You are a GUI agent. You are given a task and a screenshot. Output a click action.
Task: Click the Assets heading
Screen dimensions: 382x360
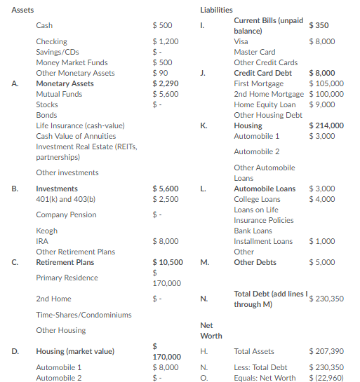23,10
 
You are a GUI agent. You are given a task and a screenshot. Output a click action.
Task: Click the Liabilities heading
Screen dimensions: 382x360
216,10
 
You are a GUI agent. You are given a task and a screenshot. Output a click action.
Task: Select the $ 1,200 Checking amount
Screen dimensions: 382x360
166,41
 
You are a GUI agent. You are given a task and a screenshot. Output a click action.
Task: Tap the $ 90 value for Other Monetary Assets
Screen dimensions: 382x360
161,73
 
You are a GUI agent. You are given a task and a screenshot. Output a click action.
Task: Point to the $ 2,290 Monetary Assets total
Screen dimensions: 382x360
166,83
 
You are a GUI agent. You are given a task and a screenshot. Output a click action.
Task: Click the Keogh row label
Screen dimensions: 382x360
47,231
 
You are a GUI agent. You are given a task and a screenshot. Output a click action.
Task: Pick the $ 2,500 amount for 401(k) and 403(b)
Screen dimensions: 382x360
166,199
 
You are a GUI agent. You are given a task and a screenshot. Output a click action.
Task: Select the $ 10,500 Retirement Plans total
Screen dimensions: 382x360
168,262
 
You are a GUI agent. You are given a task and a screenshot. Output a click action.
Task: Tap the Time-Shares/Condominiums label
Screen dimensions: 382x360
84,315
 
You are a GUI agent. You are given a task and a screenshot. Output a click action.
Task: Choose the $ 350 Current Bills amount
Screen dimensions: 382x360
319,25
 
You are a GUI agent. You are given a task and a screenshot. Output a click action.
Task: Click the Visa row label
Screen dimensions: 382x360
241,41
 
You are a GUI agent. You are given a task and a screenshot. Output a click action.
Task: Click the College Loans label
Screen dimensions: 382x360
256,199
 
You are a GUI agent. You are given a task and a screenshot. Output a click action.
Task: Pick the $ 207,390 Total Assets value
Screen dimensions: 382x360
326,351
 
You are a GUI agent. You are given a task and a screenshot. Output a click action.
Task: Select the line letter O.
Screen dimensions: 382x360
204,378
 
